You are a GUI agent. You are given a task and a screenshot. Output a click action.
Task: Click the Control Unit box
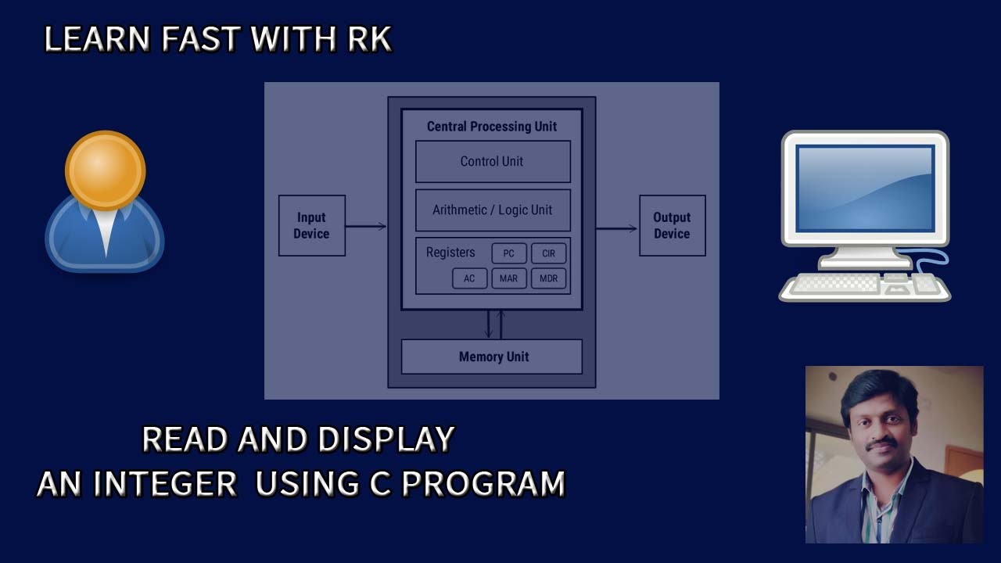coord(493,161)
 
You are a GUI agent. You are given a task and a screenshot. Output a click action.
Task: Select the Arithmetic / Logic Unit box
coord(493,210)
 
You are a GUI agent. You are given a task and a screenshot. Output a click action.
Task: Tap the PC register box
coord(509,253)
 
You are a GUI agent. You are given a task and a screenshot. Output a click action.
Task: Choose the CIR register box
coord(548,253)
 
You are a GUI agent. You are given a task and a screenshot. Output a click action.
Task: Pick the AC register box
coord(470,278)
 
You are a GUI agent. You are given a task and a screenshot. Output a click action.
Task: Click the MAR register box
coord(509,278)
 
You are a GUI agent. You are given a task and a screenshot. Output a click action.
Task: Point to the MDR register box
coord(548,278)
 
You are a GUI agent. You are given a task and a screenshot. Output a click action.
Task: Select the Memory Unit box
coord(492,357)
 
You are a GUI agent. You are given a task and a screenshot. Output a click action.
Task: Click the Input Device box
coord(312,226)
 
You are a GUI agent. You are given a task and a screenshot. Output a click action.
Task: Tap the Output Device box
coord(673,226)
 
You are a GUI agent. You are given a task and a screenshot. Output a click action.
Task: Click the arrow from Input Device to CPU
coord(366,227)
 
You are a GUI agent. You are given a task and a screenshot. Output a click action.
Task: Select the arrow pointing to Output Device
coord(617,228)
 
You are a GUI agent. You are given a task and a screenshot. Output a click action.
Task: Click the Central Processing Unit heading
coord(492,127)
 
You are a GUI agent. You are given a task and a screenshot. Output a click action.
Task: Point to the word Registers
coord(450,253)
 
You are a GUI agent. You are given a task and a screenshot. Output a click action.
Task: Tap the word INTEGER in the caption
coord(165,483)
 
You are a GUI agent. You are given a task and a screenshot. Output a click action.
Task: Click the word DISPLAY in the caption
coord(386,439)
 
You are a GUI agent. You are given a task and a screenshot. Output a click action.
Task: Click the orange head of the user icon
coord(106,170)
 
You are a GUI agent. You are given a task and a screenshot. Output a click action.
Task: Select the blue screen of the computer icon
coord(866,188)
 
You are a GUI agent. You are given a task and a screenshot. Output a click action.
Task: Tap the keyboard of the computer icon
coord(865,287)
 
